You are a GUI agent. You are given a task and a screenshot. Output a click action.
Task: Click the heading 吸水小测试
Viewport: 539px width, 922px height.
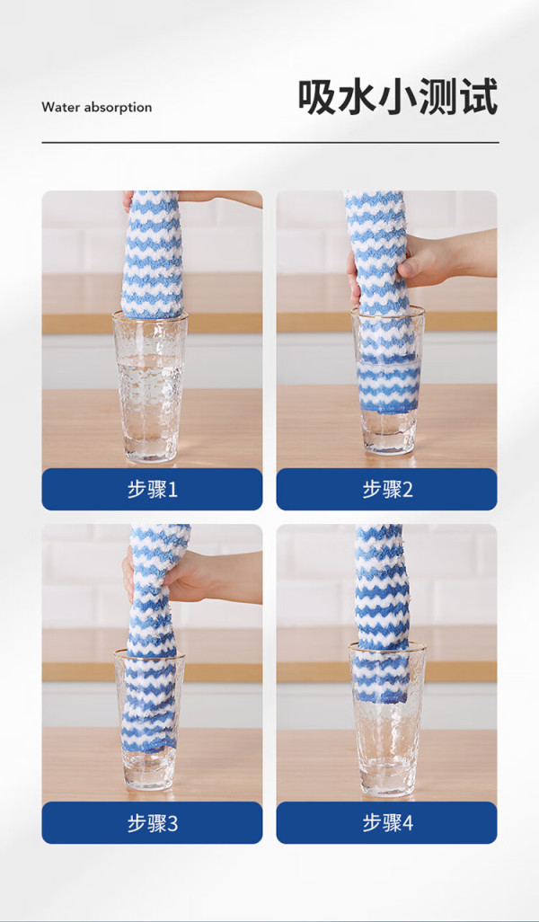398,96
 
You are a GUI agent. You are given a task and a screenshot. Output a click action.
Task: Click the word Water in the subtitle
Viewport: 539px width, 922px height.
60,107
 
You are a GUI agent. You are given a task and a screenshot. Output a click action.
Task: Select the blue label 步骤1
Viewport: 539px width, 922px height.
152,489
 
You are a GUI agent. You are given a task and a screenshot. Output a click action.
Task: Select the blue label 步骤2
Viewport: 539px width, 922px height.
387,489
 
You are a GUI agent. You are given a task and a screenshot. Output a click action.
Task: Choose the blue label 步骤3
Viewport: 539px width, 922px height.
152,823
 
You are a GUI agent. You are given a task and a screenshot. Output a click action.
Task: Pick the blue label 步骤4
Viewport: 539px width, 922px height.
387,823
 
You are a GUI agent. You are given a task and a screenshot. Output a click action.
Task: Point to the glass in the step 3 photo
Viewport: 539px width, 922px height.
149,720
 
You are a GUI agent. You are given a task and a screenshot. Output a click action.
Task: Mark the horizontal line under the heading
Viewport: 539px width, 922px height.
270,142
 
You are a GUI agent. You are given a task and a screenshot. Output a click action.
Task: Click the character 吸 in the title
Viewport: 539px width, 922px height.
316,96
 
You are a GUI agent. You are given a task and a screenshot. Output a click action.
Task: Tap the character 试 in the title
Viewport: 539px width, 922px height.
479,96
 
